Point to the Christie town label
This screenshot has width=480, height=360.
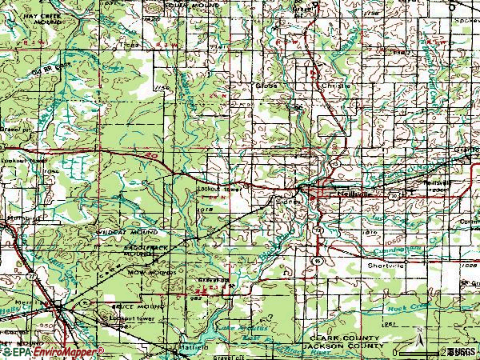pyautogui.click(x=319, y=82)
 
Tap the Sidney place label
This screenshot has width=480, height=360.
pyautogui.click(x=287, y=202)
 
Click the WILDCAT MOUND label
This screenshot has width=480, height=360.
pyautogui.click(x=119, y=235)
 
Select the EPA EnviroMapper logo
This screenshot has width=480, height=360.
pyautogui.click(x=52, y=351)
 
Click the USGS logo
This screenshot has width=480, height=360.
pyautogui.click(x=462, y=350)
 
